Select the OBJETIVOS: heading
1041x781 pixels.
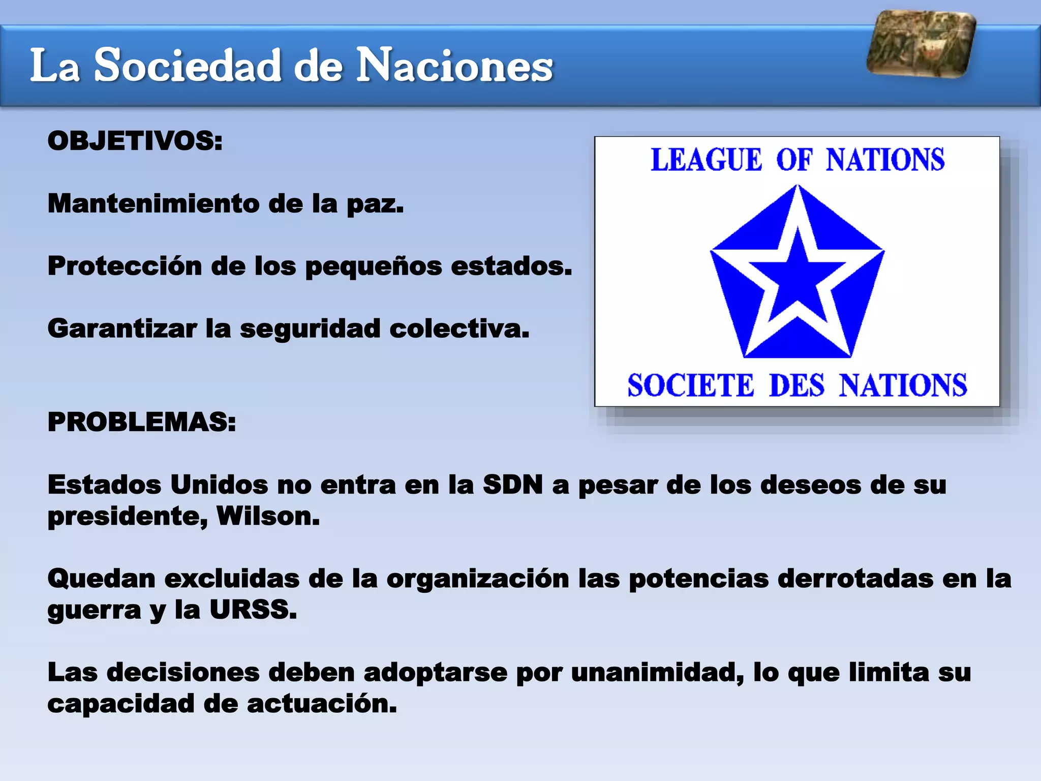(x=135, y=141)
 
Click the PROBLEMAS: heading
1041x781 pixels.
(x=142, y=422)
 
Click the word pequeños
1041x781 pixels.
(x=373, y=266)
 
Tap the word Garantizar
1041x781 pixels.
(x=122, y=328)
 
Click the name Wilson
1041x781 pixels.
(x=268, y=516)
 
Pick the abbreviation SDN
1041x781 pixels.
(x=512, y=485)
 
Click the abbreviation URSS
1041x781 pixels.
(x=253, y=610)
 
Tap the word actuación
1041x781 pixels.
(x=321, y=704)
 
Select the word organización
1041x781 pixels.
(x=477, y=579)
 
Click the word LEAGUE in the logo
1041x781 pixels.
(x=707, y=160)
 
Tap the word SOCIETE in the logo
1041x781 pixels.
(x=690, y=385)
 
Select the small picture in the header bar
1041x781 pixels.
(x=921, y=44)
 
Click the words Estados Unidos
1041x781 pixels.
(x=158, y=485)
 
